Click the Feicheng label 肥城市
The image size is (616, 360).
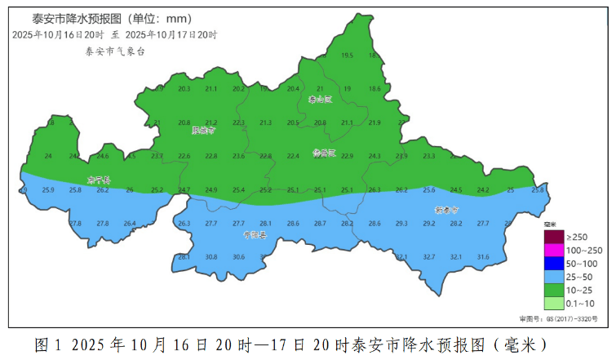204,130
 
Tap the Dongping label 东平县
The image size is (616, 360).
99,180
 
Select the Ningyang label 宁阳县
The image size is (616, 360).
255,235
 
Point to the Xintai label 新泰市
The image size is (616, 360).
447,211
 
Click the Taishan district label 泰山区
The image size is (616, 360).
321,100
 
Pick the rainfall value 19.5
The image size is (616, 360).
347,56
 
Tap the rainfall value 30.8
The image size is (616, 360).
211,257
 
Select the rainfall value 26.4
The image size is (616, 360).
130,224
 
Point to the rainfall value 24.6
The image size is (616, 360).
103,156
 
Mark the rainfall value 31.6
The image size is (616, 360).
483,257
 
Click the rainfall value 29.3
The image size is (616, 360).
401,224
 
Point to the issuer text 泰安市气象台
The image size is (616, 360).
115,51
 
